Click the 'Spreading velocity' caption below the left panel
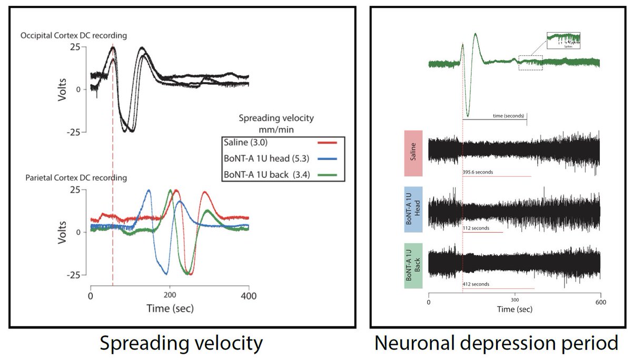pos(181,343)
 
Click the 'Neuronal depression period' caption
pos(496,343)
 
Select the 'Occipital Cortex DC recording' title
pos(73,35)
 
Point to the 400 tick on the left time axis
pos(249,296)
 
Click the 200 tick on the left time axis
pos(170,296)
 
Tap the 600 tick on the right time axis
pos(601,302)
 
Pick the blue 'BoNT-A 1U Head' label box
pos(414,209)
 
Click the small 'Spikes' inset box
pos(564,40)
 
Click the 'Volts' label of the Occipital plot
pos(63,89)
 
